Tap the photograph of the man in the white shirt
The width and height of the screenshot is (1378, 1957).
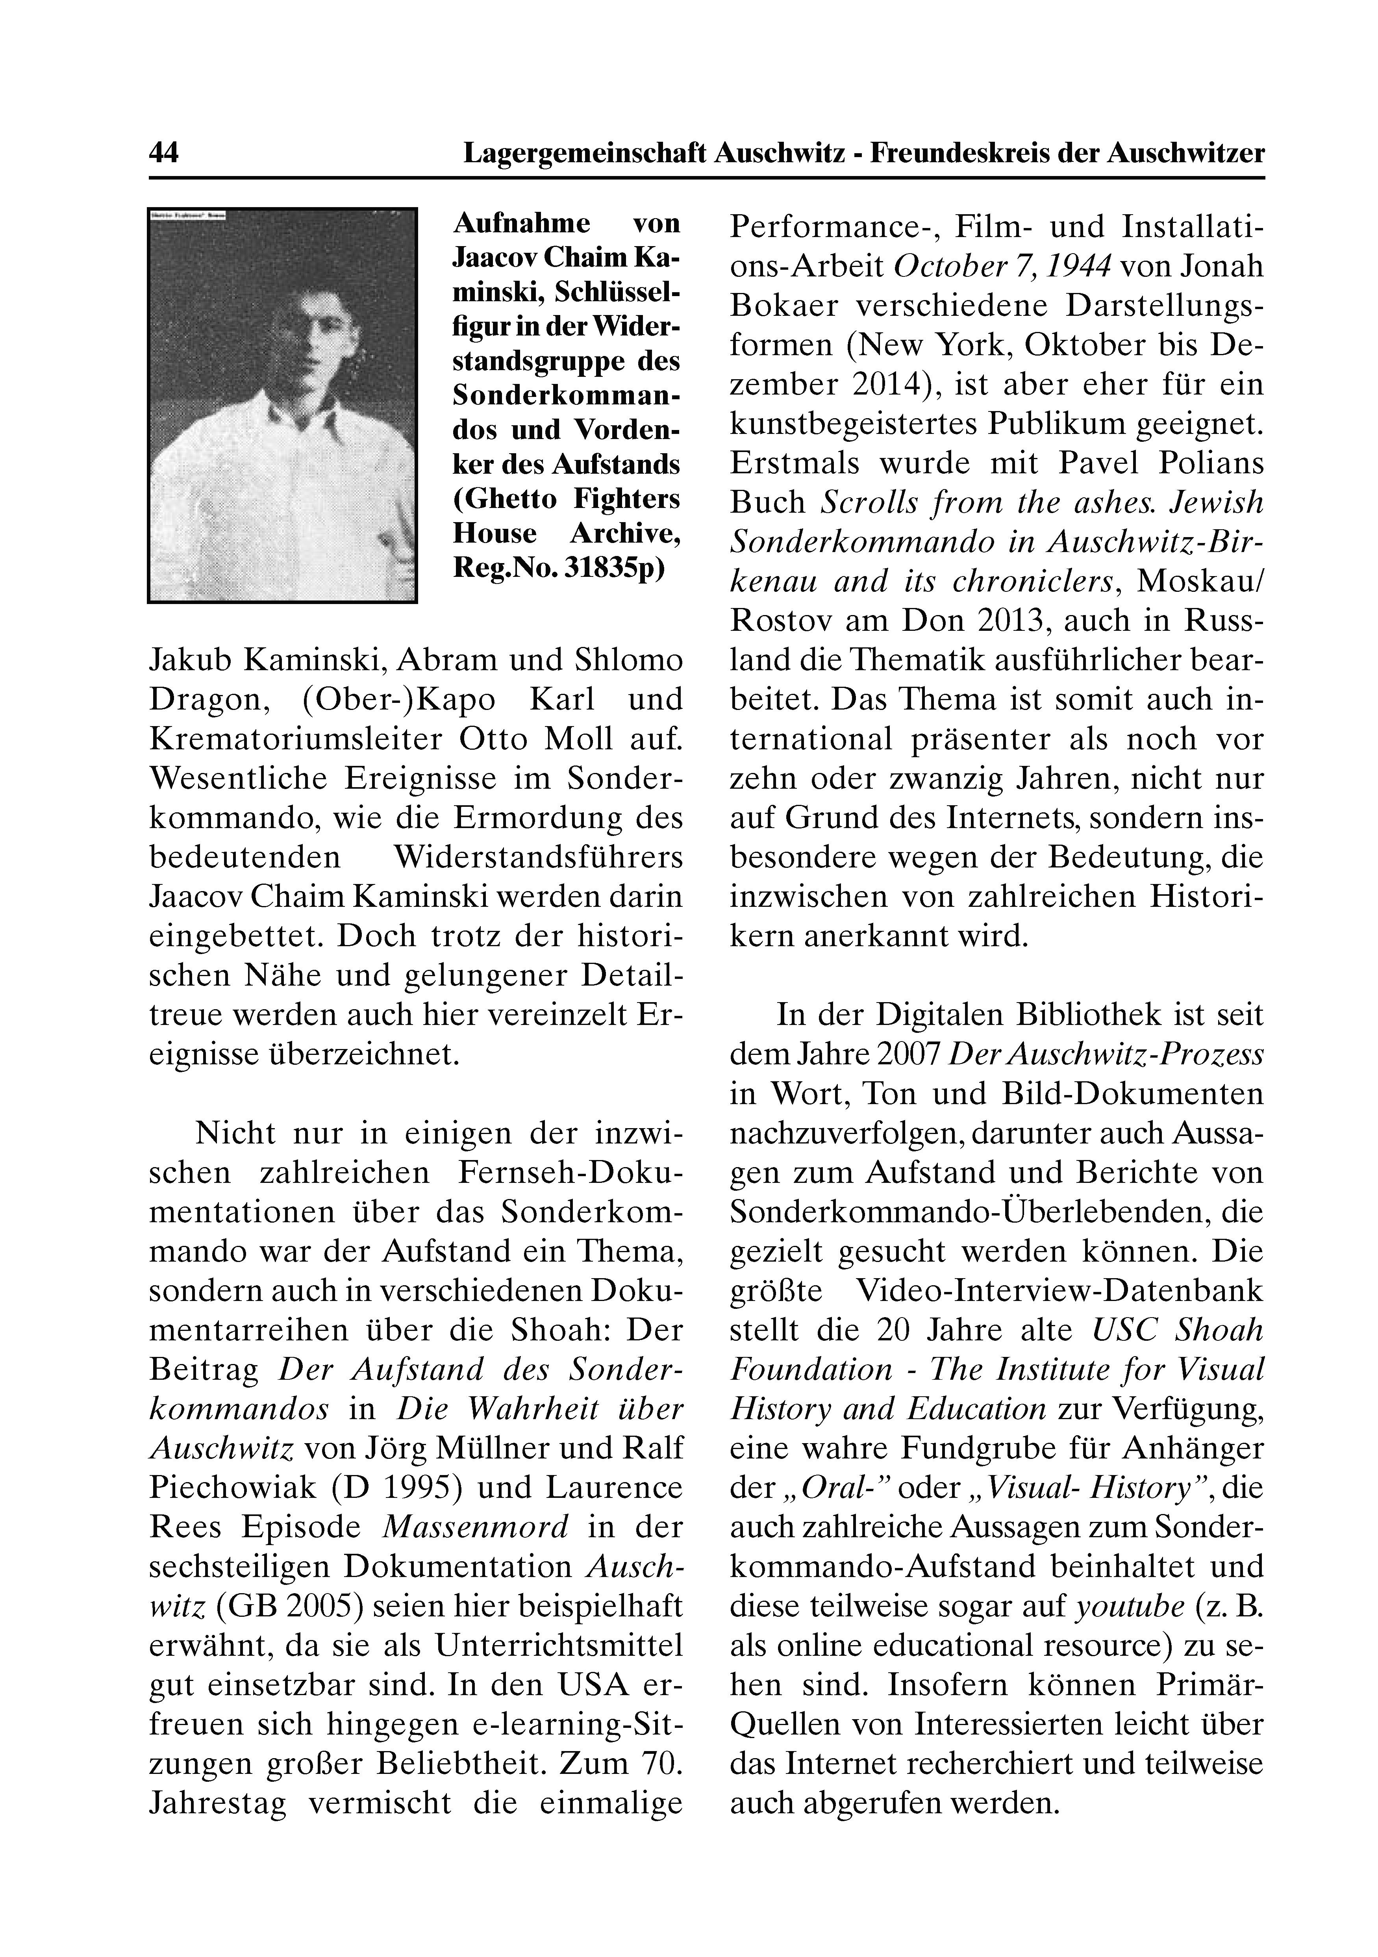pyautogui.click(x=282, y=405)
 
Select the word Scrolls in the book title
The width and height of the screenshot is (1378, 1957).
pyautogui.click(x=861, y=502)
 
